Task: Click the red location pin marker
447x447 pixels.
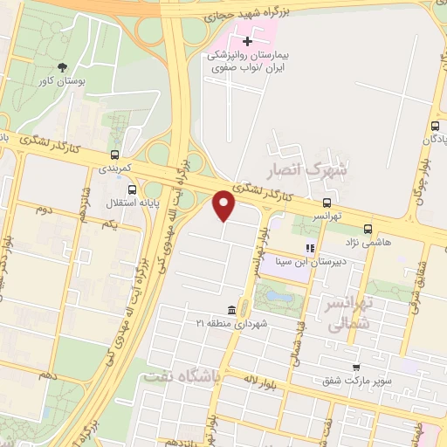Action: coord(224,205)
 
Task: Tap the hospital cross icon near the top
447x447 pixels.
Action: coord(247,40)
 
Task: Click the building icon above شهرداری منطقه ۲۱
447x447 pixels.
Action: coord(231,311)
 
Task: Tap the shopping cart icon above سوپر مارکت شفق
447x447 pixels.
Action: coord(354,368)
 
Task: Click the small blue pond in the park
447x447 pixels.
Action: coord(280,297)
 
